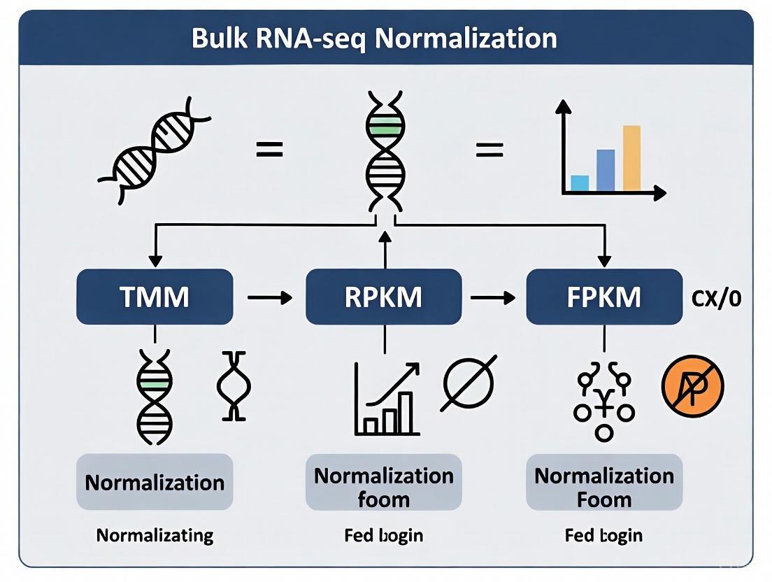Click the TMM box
154,297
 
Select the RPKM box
383,297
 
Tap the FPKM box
603,297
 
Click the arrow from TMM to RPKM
269,298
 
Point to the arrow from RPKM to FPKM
492,298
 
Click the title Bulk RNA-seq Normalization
374,38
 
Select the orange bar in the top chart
631,158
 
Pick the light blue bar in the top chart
580,183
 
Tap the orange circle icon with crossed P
692,385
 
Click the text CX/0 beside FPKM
716,299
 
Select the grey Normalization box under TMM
154,482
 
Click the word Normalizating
155,536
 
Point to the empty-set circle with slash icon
469,383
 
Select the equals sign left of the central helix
269,148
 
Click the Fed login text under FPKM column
603,536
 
